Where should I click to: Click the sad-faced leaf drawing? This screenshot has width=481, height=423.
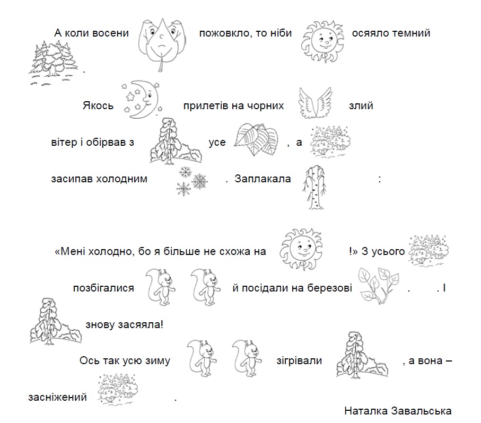tap(162, 45)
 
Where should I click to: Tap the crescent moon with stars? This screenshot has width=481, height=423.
tap(142, 99)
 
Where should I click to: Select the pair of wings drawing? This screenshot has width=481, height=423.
tap(315, 103)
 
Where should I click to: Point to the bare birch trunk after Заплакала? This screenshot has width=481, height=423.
tap(314, 187)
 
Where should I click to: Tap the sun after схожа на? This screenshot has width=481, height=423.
tap(301, 249)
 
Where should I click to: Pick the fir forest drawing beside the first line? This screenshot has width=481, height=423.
tap(53, 63)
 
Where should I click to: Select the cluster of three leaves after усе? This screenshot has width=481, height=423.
tap(256, 139)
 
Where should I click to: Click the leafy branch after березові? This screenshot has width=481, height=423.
tap(379, 285)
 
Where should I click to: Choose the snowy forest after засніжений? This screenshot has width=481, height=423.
tap(118, 389)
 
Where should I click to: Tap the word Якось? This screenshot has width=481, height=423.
tap(98, 106)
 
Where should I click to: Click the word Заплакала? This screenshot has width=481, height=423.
tap(263, 179)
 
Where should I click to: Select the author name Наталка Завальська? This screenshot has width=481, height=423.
tap(398, 411)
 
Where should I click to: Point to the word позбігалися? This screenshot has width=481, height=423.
tap(103, 288)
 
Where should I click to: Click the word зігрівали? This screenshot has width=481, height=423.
tap(299, 361)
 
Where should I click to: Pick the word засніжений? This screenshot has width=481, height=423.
tap(57, 397)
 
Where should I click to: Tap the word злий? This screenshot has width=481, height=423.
tap(361, 106)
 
